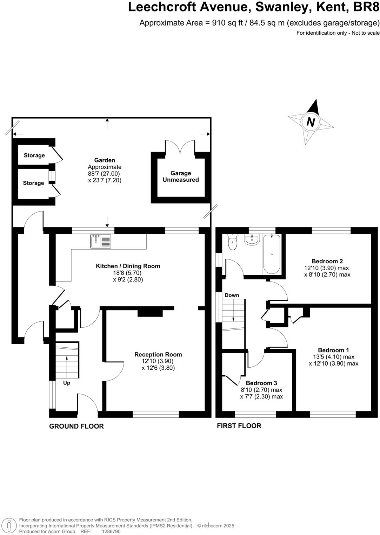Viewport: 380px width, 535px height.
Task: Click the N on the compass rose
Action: [x=311, y=122]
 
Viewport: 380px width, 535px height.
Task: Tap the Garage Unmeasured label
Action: [x=181, y=176]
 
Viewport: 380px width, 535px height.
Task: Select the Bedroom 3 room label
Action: [x=261, y=383]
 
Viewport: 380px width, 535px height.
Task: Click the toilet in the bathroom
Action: [x=232, y=242]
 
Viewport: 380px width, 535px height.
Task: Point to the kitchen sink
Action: [x=100, y=241]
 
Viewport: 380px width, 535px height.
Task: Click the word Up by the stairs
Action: [x=67, y=383]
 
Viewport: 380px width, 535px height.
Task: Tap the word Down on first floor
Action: [x=232, y=295]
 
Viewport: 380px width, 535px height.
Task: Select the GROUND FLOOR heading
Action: [x=76, y=426]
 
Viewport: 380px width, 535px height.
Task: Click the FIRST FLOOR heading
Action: [x=239, y=426]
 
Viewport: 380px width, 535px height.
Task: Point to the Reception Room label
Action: [x=158, y=354]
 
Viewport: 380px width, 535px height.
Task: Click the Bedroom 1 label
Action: [x=333, y=350]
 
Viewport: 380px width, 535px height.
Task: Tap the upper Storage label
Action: [x=34, y=155]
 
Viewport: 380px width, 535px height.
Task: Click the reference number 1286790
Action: [x=111, y=531]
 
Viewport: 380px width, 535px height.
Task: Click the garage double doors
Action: [x=180, y=147]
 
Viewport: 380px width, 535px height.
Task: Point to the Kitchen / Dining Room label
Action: [x=128, y=266]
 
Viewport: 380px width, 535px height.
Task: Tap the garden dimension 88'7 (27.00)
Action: [x=105, y=174]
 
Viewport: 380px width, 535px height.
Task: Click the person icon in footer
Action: [x=10, y=526]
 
